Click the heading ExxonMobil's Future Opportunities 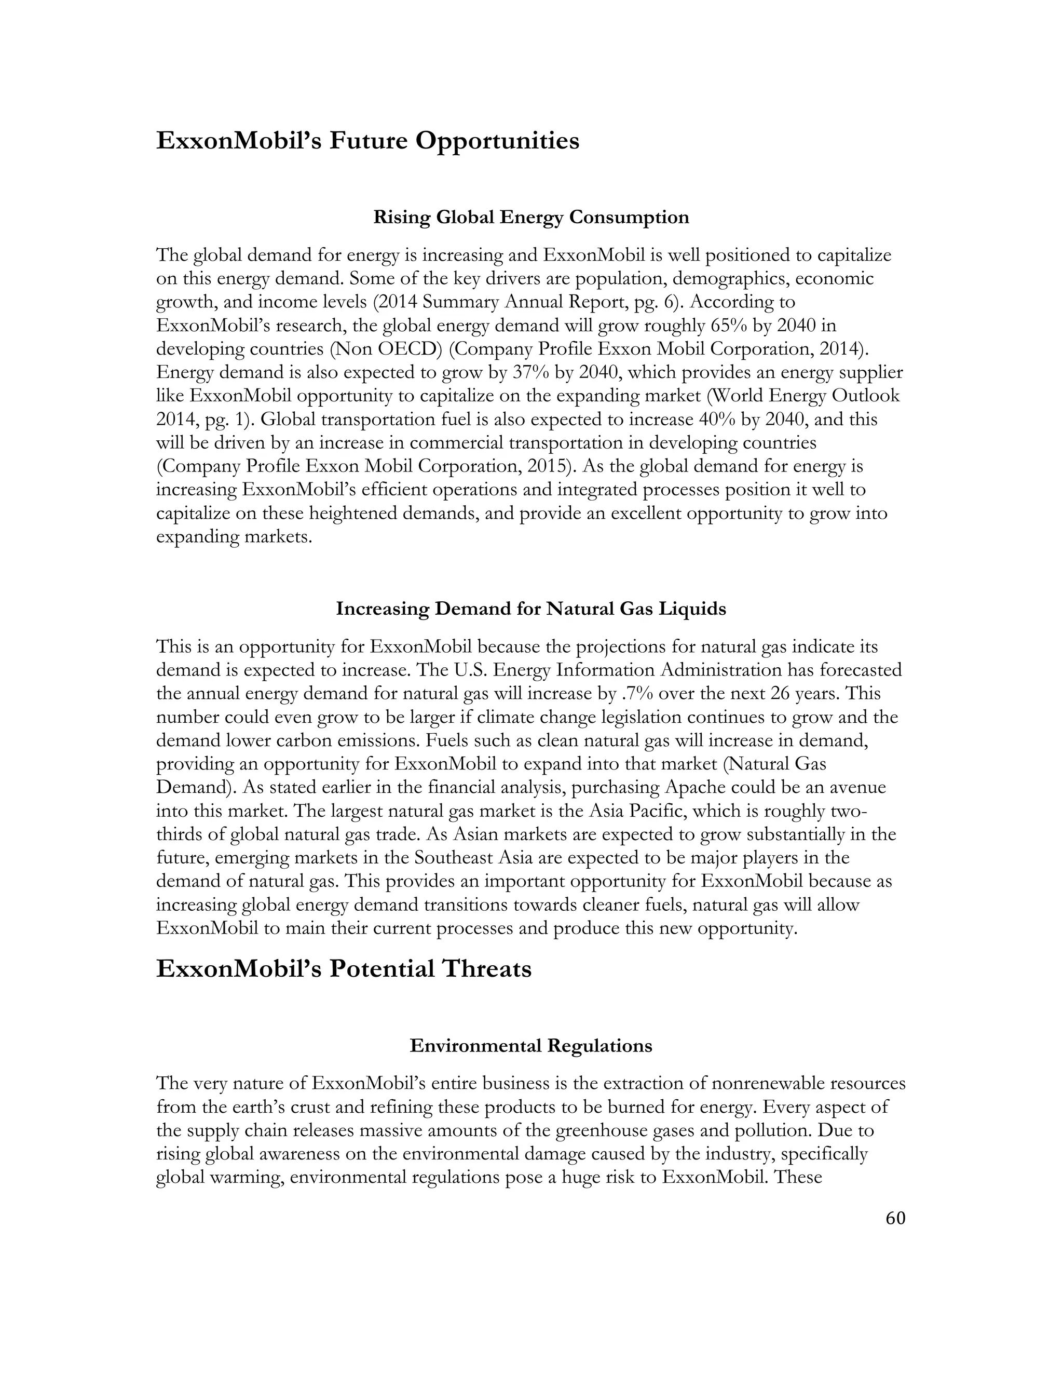(367, 141)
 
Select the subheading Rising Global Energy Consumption (531, 218)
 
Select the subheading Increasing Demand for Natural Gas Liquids (531, 609)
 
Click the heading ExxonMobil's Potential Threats (343, 969)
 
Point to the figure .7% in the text (635, 694)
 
